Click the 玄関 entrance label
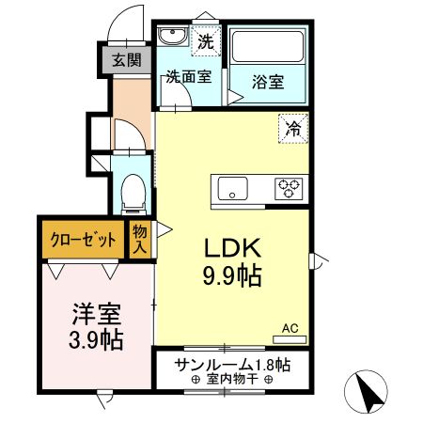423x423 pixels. [x=127, y=61]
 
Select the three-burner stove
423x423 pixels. [x=288, y=188]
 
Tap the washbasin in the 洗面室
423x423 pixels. [x=174, y=38]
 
